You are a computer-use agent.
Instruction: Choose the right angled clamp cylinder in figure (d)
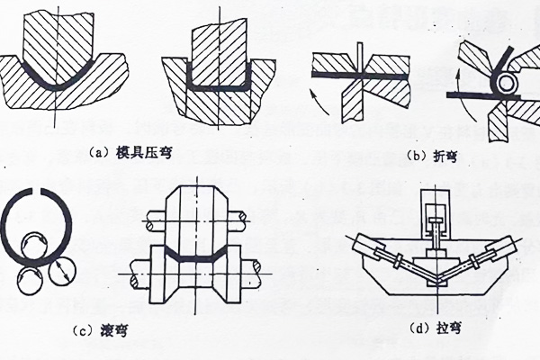coord(499,247)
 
